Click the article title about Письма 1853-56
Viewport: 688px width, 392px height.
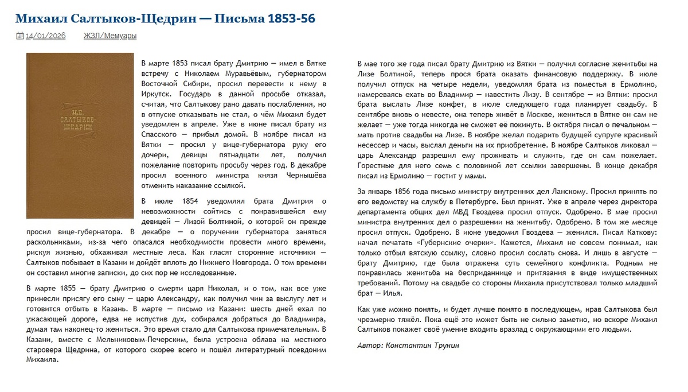coord(165,18)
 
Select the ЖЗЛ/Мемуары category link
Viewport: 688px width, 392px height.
coord(110,36)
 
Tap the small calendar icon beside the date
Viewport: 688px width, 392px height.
coord(19,36)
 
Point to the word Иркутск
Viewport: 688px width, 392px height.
coord(157,94)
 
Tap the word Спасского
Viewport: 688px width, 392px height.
coord(159,135)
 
